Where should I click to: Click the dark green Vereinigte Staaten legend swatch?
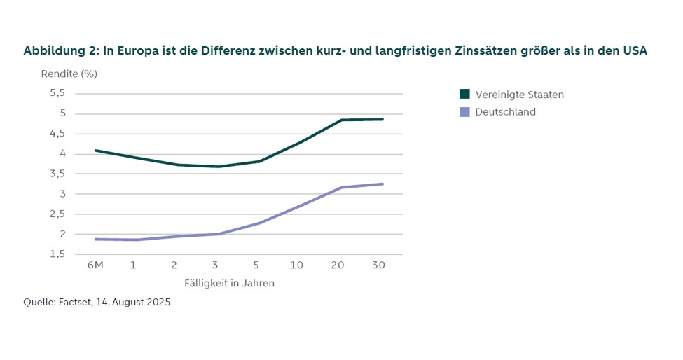[464, 95]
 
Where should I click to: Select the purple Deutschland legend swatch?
[464, 112]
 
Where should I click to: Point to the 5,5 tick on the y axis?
[57, 93]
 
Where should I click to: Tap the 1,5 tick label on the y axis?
[57, 254]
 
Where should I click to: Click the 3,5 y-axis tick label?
[57, 174]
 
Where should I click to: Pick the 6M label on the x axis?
[95, 266]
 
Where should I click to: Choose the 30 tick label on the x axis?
[378, 266]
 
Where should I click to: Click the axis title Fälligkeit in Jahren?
[229, 284]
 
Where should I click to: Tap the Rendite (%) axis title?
[68, 73]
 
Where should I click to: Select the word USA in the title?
[634, 51]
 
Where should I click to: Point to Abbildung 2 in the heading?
[61, 51]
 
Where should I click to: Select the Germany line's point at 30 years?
[382, 184]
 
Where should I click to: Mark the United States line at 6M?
[96, 150]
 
